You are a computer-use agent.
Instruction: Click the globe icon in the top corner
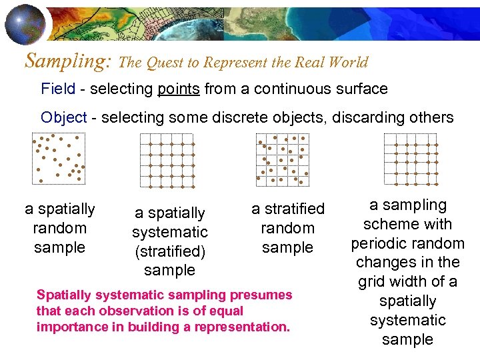point(26,24)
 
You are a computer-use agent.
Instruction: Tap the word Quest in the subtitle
point(173,63)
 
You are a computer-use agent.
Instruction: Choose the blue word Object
point(64,117)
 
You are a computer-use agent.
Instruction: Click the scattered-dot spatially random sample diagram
point(59,158)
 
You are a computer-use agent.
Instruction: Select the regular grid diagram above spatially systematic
point(167,160)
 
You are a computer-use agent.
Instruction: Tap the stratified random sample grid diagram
point(283,159)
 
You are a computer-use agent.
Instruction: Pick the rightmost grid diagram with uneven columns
point(411,159)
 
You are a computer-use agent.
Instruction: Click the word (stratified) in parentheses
point(169,251)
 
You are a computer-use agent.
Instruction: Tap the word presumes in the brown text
point(262,295)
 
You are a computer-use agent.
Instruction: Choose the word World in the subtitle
point(345,63)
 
